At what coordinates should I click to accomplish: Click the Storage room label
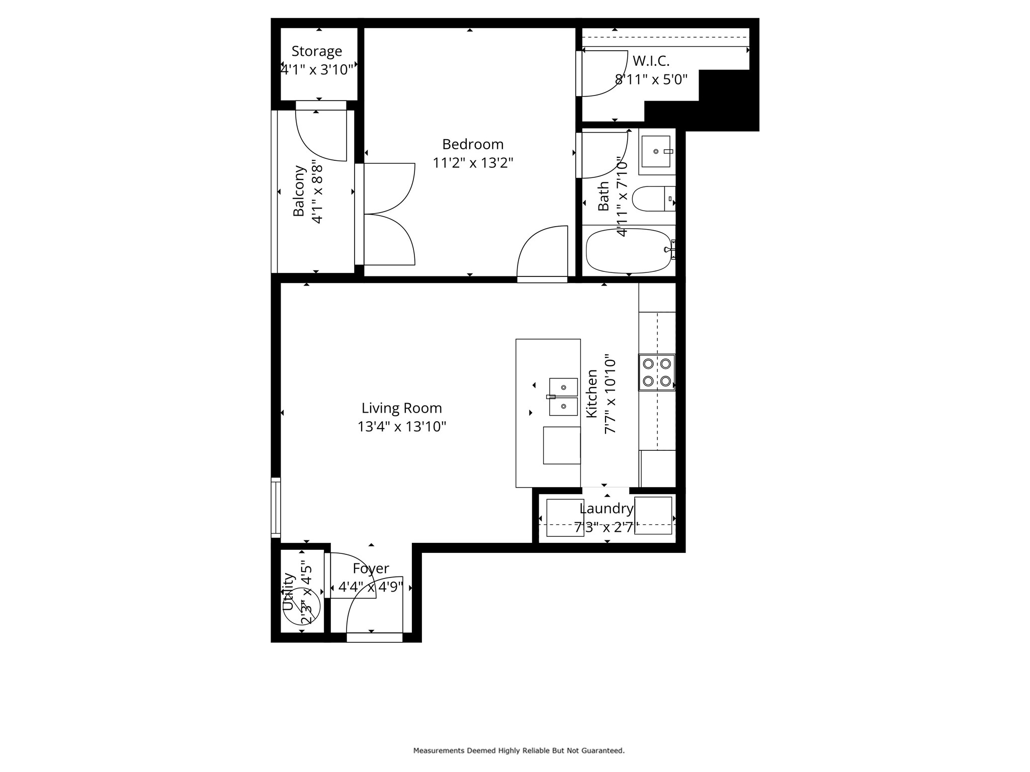(317, 51)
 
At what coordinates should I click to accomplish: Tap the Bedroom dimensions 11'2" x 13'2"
(473, 163)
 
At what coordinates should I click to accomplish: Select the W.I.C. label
(651, 61)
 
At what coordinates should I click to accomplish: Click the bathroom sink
(656, 151)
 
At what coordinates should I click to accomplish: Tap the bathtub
(629, 251)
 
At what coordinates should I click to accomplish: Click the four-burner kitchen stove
(657, 372)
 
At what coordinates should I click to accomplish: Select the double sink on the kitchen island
(563, 397)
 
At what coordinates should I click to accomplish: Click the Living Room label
(401, 408)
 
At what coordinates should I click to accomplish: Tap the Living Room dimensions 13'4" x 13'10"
(401, 427)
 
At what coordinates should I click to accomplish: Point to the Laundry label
(606, 509)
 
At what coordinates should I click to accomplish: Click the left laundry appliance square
(565, 518)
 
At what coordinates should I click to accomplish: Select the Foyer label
(371, 568)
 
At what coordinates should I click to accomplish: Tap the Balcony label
(299, 191)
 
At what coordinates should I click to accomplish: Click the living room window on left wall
(276, 507)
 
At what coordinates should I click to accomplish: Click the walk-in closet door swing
(604, 73)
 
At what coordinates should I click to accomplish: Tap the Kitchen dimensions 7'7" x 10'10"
(610, 395)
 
